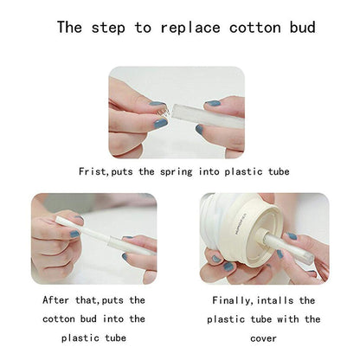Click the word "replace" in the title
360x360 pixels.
(190, 28)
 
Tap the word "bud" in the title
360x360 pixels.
(302, 28)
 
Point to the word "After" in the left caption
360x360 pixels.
(55, 300)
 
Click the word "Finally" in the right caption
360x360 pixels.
(231, 301)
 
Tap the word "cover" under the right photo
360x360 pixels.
(263, 338)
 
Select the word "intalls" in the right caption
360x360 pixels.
(274, 300)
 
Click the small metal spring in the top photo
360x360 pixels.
(165, 111)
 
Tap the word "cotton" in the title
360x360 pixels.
(255, 28)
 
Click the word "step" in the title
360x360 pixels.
(108, 29)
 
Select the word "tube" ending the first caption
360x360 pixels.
(279, 171)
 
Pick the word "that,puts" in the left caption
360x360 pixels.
(100, 300)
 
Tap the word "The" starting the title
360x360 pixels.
(69, 28)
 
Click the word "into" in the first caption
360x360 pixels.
(209, 171)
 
